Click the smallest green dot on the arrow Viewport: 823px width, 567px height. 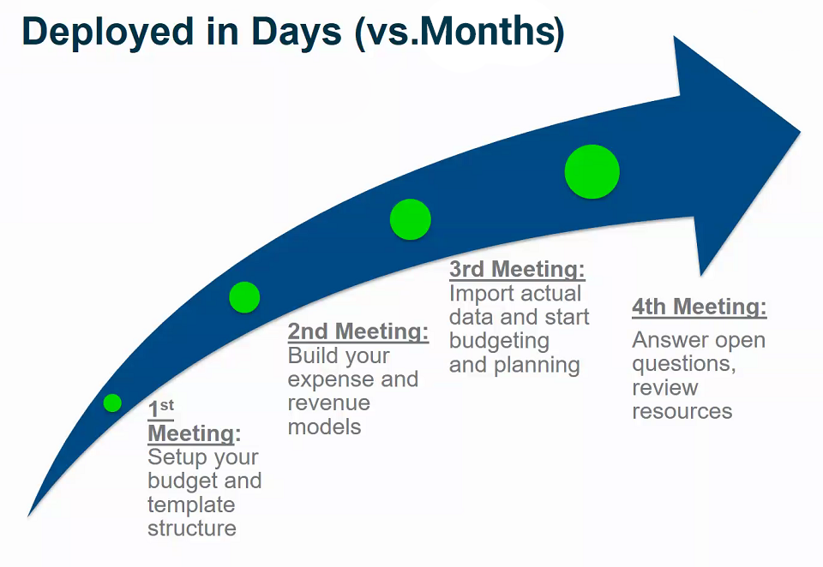tap(112, 403)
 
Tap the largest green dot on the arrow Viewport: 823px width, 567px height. tap(592, 171)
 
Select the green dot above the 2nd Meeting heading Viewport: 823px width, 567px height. tap(244, 297)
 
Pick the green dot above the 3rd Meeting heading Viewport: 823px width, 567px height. tap(411, 219)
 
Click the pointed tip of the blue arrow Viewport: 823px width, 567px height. tap(801, 132)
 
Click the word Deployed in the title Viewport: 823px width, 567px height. tap(109, 32)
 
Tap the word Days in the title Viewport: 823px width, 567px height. tap(297, 32)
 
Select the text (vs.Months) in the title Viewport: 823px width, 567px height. tap(460, 33)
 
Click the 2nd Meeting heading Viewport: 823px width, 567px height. tap(358, 331)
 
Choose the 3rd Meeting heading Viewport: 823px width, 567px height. tap(517, 269)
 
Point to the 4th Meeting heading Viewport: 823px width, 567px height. tap(700, 307)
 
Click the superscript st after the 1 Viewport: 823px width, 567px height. tap(167, 405)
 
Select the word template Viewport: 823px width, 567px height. tap(191, 505)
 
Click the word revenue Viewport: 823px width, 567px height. tap(329, 403)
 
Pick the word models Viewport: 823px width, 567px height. tap(324, 427)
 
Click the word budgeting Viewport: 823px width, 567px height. tap(499, 342)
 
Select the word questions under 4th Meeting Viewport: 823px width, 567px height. tap(684, 364)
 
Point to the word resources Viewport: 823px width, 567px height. tap(682, 412)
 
